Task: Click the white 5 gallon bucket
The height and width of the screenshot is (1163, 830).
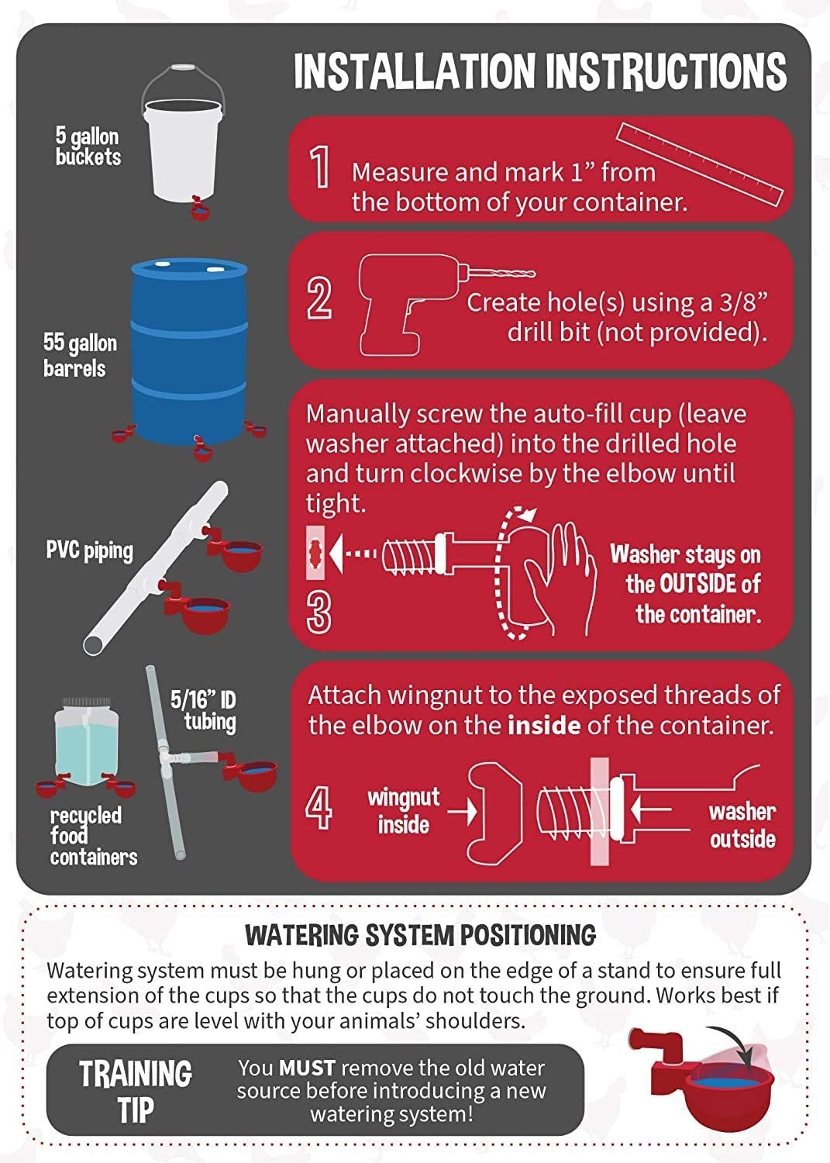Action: [184, 151]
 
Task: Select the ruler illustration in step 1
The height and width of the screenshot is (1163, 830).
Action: [700, 164]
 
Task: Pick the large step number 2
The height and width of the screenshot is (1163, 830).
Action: [319, 299]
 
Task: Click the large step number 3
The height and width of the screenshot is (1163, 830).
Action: [319, 612]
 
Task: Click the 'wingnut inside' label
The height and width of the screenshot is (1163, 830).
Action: [403, 810]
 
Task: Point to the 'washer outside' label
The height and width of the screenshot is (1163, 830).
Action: [742, 825]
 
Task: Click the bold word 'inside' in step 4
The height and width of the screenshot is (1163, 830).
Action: [543, 726]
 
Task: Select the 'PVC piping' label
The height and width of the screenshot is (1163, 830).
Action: [89, 551]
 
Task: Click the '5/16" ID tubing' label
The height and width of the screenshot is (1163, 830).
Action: [204, 710]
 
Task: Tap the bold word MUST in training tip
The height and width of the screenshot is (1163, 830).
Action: [307, 1068]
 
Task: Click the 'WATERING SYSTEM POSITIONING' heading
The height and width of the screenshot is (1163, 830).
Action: [420, 935]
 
